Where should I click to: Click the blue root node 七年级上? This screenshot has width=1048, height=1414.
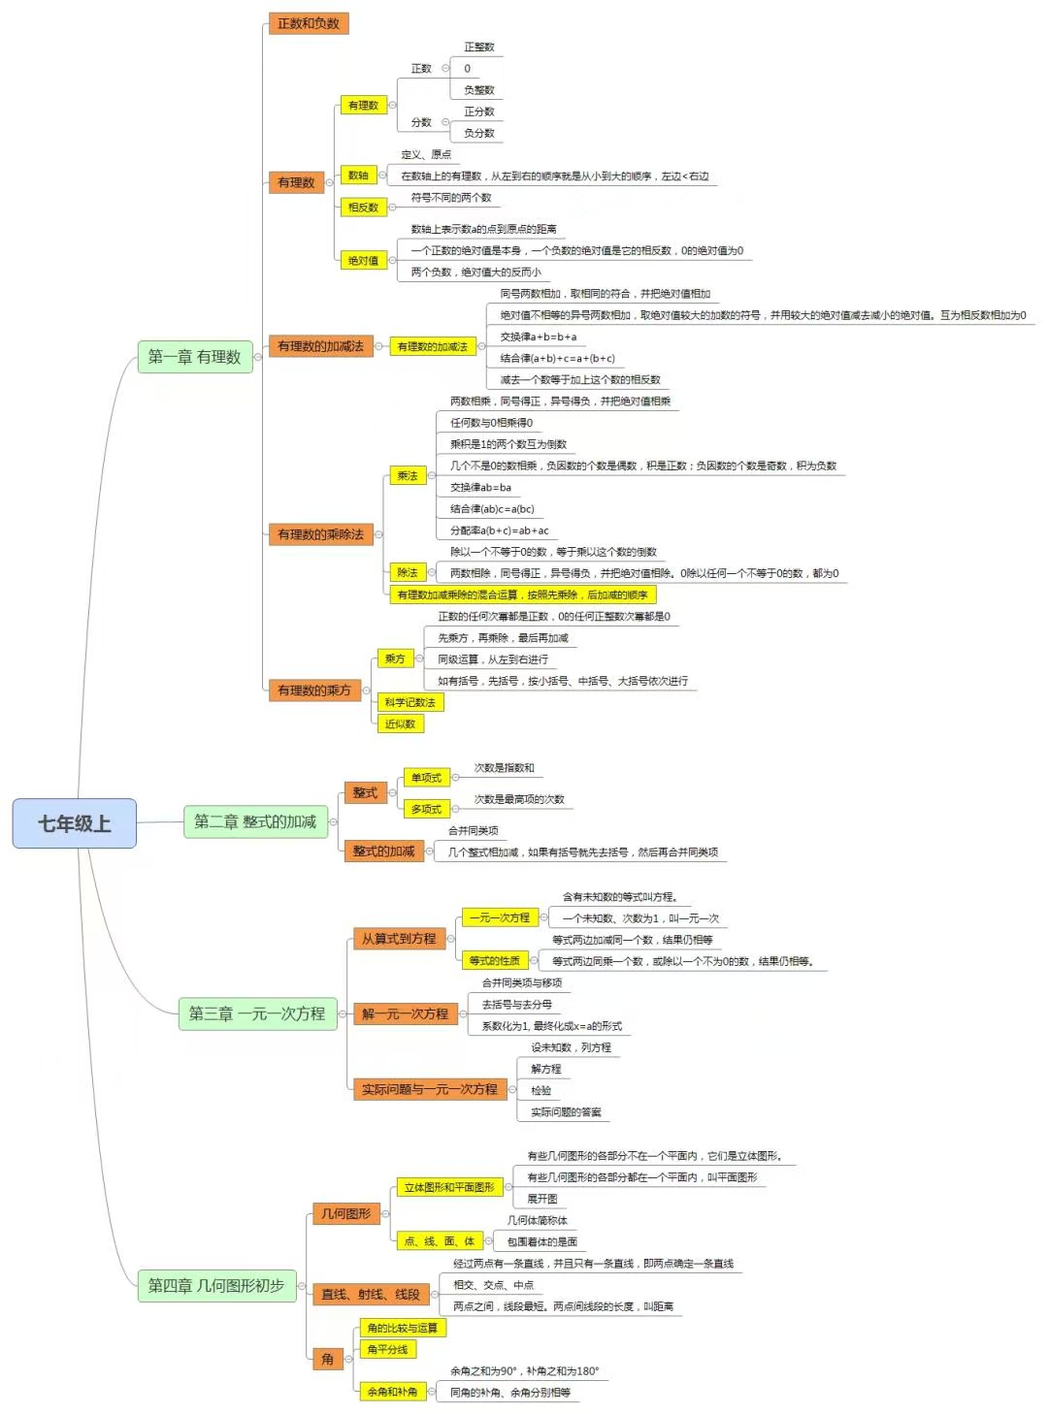click(x=74, y=823)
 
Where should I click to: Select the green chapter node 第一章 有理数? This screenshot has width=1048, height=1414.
click(x=194, y=357)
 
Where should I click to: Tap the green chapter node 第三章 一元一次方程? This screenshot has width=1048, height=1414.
click(x=256, y=1013)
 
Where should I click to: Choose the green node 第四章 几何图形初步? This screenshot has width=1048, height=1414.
click(x=215, y=1285)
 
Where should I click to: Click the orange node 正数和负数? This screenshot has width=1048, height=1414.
click(x=308, y=23)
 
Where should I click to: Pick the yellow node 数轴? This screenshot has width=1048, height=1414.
click(x=358, y=176)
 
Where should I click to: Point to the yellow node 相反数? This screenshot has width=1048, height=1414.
click(x=363, y=207)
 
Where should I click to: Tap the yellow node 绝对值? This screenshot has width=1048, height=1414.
click(x=363, y=260)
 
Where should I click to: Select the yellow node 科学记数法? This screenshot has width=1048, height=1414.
click(x=409, y=702)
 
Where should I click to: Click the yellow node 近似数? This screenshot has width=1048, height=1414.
click(x=400, y=723)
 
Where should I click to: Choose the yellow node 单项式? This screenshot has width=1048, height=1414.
click(x=426, y=778)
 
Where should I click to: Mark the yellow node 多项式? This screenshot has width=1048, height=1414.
click(x=426, y=809)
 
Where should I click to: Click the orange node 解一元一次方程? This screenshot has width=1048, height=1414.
click(x=405, y=1013)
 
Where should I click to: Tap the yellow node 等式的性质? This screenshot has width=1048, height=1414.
click(x=494, y=960)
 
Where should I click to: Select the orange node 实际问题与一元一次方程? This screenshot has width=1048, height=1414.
click(x=429, y=1089)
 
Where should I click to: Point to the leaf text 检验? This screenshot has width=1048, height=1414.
click(x=541, y=1090)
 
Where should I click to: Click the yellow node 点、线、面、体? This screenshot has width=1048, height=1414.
click(x=439, y=1241)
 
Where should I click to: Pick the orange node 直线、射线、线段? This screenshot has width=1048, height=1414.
click(x=370, y=1294)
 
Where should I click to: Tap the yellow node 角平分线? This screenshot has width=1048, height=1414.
click(x=387, y=1349)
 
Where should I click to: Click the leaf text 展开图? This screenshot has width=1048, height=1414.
click(x=542, y=1199)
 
